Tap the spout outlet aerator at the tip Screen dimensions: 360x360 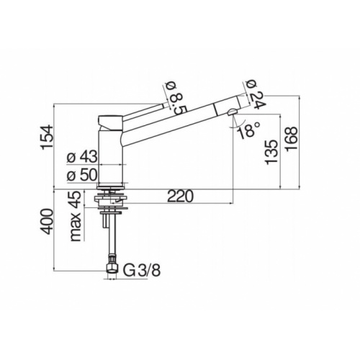pos(229,111)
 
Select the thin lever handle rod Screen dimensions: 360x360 pos(144,109)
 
